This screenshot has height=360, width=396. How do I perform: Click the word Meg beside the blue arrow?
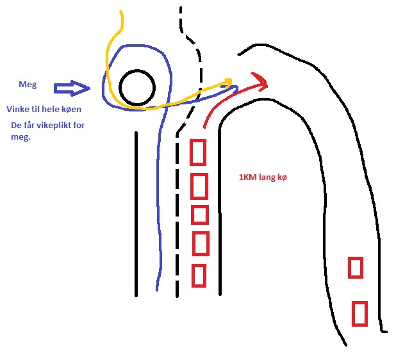[28, 85]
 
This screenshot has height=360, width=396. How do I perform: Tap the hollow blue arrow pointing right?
[72, 88]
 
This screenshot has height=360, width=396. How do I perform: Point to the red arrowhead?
[260, 81]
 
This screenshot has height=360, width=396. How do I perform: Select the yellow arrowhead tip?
[232, 80]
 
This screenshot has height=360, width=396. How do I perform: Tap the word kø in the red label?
[282, 177]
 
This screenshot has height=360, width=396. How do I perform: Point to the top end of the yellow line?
[120, 11]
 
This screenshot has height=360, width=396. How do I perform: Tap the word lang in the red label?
[267, 177]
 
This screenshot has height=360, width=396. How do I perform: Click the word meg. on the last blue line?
[21, 137]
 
